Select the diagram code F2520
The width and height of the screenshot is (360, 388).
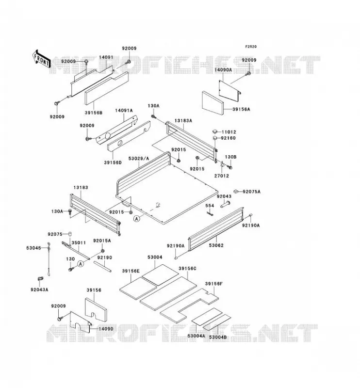[251, 47]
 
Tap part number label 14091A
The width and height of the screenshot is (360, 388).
[124, 111]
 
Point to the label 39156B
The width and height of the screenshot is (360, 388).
[93, 113]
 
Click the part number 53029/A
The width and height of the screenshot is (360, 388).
[139, 159]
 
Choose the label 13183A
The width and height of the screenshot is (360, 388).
[183, 121]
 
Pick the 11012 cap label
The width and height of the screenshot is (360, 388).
[229, 132]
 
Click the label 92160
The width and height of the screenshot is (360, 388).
[228, 138]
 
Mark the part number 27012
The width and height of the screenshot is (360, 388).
[221, 176]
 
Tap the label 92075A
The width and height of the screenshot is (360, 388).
[251, 192]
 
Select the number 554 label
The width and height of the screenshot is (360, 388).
[210, 206]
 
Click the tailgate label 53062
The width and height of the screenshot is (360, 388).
[216, 245]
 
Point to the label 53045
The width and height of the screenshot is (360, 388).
[33, 248]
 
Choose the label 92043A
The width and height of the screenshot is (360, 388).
[39, 290]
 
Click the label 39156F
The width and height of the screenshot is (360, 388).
[213, 284]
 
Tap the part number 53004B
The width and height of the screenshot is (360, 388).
[218, 337]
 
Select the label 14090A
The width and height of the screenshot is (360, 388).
[223, 70]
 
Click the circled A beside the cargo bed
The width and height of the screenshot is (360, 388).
[136, 219]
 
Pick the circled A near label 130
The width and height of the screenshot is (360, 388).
[81, 264]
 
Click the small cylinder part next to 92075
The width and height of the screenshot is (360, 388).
[70, 234]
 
